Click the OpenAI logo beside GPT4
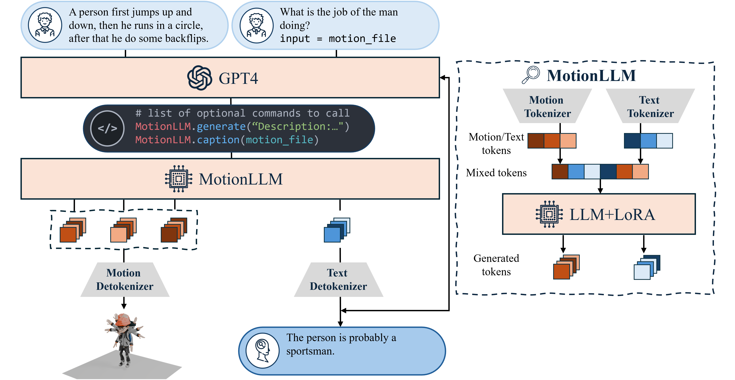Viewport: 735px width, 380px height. pyautogui.click(x=199, y=78)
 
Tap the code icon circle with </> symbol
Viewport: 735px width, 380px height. pyautogui.click(x=107, y=128)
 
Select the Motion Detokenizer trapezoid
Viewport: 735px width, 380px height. pyautogui.click(x=125, y=279)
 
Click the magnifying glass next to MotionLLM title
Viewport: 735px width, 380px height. pyautogui.click(x=531, y=75)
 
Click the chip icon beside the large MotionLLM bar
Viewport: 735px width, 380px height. pyautogui.click(x=179, y=179)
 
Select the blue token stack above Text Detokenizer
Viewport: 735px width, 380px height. pyautogui.click(x=337, y=230)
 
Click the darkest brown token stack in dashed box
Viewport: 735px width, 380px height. pyautogui.click(x=173, y=230)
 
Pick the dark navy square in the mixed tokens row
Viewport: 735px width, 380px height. pyautogui.click(x=608, y=172)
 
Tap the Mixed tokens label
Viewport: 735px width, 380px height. pyautogui.click(x=496, y=173)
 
